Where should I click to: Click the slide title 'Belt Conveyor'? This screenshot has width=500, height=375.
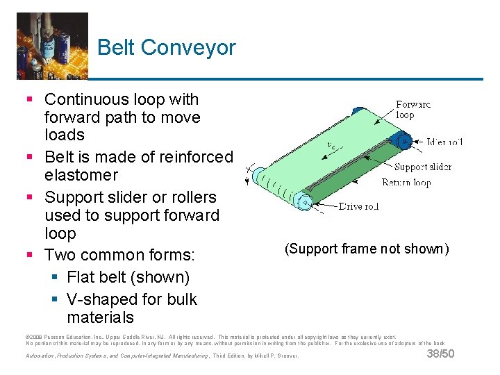click(x=167, y=47)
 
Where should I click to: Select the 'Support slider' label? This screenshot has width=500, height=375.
click(x=423, y=167)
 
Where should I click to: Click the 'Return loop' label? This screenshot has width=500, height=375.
click(x=406, y=183)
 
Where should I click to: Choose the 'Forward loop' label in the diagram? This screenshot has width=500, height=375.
click(x=413, y=110)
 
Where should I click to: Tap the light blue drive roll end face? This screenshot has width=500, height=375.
click(x=303, y=201)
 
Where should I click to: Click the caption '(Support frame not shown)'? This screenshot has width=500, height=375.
click(x=366, y=249)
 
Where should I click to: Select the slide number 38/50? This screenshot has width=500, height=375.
click(x=439, y=355)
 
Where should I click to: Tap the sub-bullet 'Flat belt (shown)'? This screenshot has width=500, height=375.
click(x=128, y=277)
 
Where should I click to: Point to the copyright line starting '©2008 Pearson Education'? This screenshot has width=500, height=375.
click(x=208, y=337)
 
